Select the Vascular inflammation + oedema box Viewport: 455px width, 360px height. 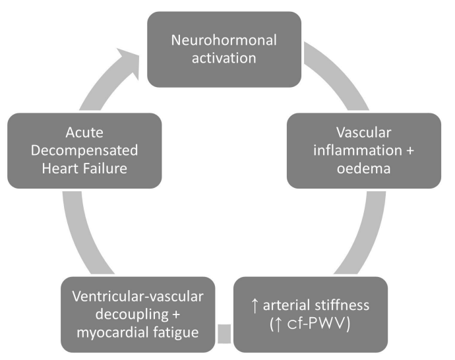pyautogui.click(x=364, y=150)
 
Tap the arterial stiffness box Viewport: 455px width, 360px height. pyautogui.click(x=309, y=315)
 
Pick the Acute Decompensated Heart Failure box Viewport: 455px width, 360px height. pyautogui.click(x=84, y=150)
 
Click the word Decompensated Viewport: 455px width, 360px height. pyautogui.click(x=84, y=150)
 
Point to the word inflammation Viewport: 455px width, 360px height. pyautogui.click(x=351, y=150)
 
